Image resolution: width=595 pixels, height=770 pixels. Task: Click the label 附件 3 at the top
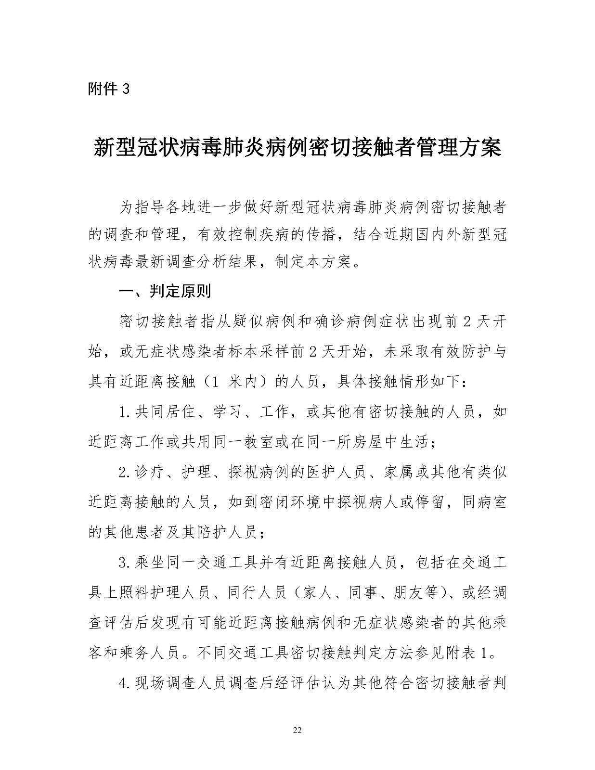click(109, 89)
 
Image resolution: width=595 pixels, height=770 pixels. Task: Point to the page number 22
click(297, 730)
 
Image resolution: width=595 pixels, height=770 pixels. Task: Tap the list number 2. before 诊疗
click(126, 472)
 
